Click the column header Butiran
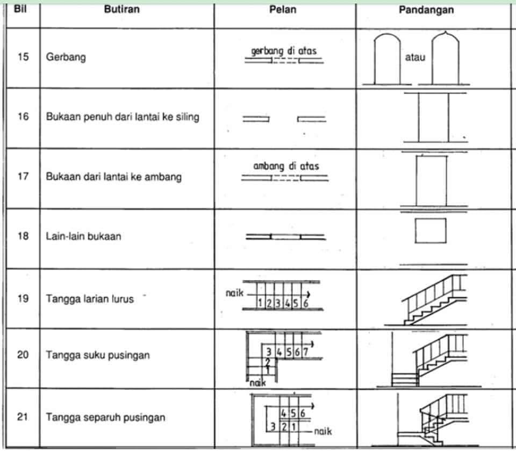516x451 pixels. coord(122,9)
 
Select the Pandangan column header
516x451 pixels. coord(426,10)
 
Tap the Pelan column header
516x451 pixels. coord(283,9)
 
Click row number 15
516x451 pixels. coord(23,56)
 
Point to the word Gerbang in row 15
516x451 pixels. coord(66,57)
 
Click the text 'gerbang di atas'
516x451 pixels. coord(284,51)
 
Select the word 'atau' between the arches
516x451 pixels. coord(415,57)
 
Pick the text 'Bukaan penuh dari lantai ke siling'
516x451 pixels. coord(123,117)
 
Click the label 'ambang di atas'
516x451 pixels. coord(286,166)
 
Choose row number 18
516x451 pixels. coord(23,236)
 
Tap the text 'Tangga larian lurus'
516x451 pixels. coord(90,299)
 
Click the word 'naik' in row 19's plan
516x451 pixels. coord(234,293)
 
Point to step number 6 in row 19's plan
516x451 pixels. coord(306,303)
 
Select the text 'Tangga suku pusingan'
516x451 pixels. coord(98,355)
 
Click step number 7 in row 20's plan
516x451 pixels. coord(306,352)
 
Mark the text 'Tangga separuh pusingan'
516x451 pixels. coord(105,417)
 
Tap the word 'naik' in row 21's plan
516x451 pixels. coord(323,431)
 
